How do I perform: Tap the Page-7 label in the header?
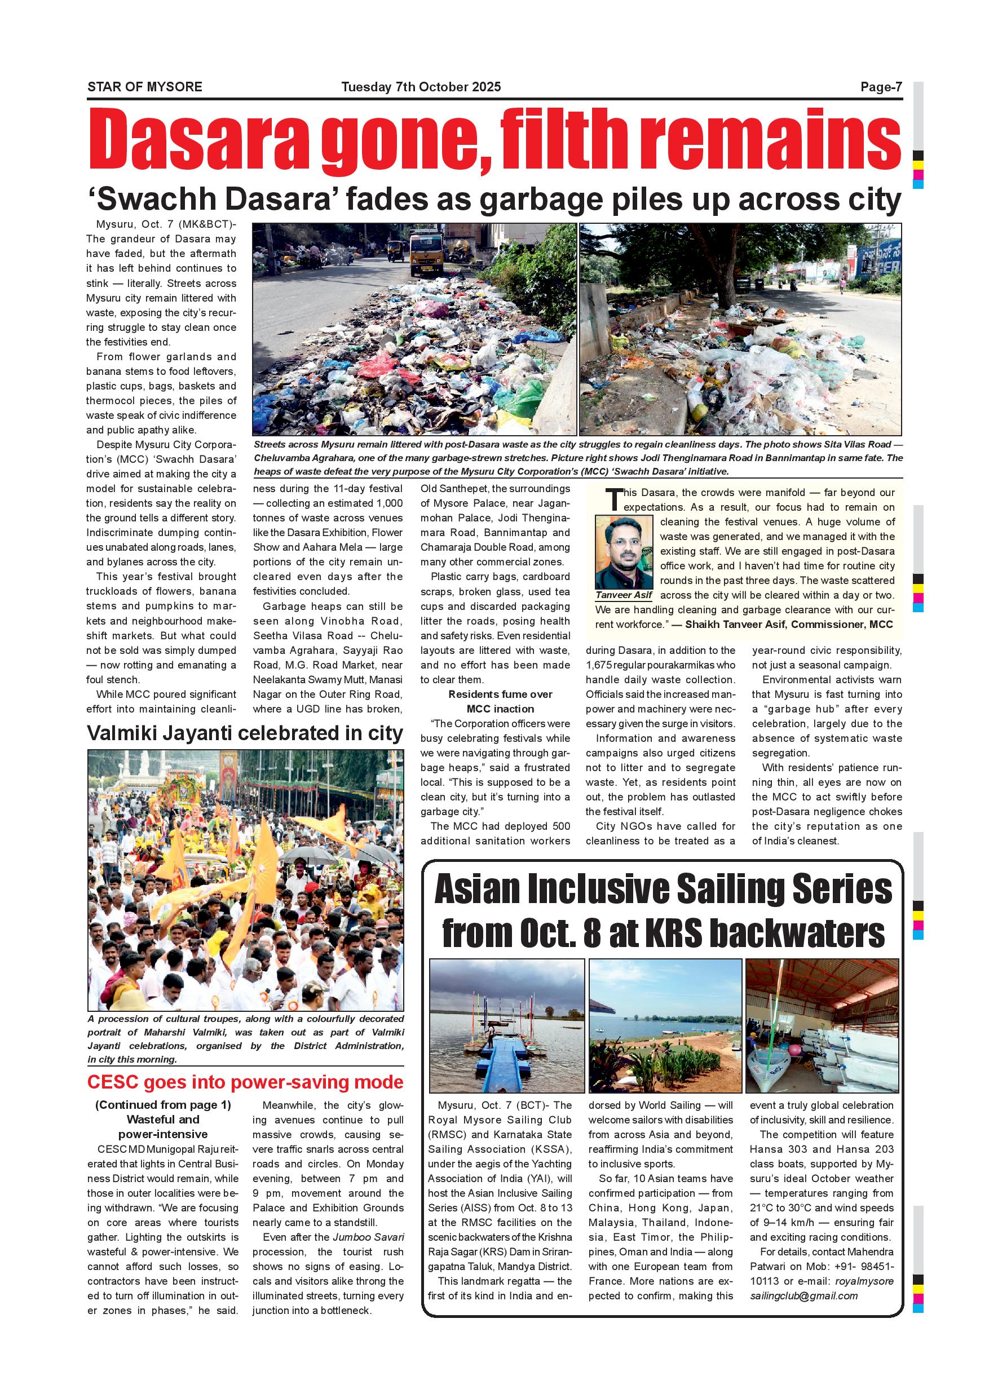tap(881, 87)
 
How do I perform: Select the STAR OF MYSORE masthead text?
tap(145, 87)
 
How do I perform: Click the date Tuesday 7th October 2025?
tap(421, 87)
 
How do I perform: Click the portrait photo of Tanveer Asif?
tap(624, 552)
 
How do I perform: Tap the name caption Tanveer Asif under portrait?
tap(624, 595)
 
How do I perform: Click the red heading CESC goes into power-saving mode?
tap(245, 1082)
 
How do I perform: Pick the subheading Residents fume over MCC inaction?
tap(500, 701)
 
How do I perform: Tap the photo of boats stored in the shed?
tap(822, 1026)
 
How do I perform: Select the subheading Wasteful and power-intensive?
tap(163, 1127)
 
